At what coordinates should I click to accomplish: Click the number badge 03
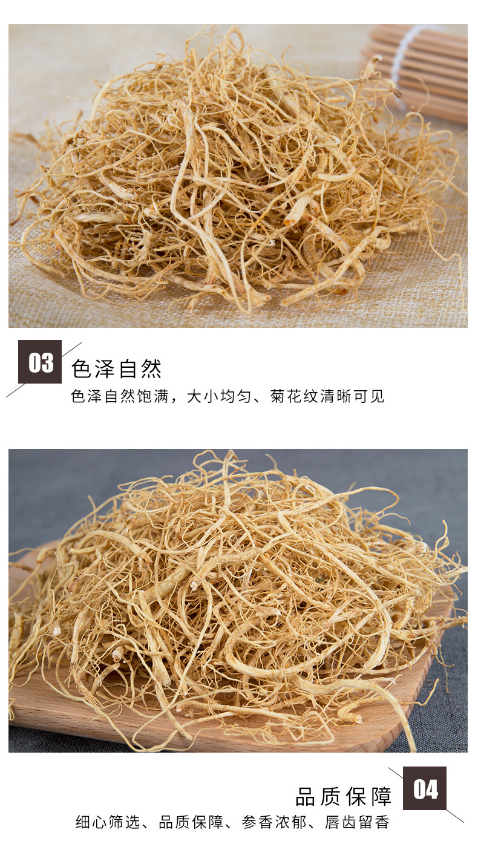pyautogui.click(x=40, y=362)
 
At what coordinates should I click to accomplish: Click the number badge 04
pyautogui.click(x=424, y=788)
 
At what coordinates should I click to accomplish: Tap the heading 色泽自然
pyautogui.click(x=116, y=368)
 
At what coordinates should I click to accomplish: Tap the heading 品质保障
pyautogui.click(x=344, y=797)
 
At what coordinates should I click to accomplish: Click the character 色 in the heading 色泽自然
pyautogui.click(x=81, y=368)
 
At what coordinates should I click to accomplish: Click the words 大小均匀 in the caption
pyautogui.click(x=218, y=396)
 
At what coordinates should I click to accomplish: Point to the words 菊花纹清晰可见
pyautogui.click(x=327, y=396)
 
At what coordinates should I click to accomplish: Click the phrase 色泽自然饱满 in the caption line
pyautogui.click(x=120, y=396)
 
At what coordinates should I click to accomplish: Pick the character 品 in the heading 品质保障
pyautogui.click(x=306, y=797)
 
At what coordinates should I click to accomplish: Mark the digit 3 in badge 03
pyautogui.click(x=47, y=362)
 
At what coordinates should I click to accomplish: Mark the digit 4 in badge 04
pyautogui.click(x=432, y=789)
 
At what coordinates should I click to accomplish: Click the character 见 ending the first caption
pyautogui.click(x=378, y=396)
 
